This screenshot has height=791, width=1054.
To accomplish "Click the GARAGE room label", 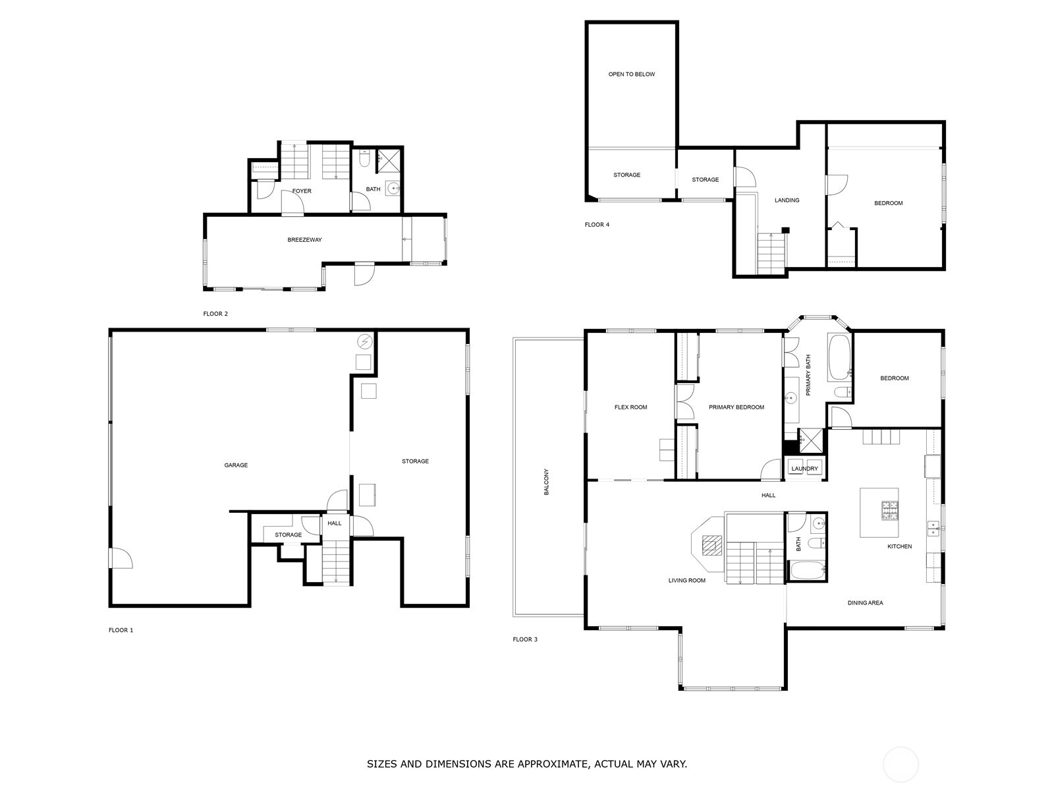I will (236, 465).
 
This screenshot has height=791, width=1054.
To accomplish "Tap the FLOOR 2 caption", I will (215, 314).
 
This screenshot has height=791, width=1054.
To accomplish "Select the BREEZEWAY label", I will (304, 240).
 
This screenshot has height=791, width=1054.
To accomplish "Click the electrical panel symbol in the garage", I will (364, 341).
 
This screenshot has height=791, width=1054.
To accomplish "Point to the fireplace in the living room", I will (711, 545).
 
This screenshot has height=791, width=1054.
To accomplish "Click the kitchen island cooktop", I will (890, 510).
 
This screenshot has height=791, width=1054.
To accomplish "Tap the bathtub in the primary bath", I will (839, 357).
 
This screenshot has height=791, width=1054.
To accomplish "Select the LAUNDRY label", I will (804, 469).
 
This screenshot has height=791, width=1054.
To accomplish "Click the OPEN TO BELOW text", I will (631, 74).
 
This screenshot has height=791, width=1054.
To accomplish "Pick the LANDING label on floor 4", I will (787, 200).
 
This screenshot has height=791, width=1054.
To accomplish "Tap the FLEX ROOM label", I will (630, 407).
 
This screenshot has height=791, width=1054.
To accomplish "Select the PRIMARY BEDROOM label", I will (736, 407).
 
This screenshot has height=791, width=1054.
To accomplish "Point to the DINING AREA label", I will (865, 603).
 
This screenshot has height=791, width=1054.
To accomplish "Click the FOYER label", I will (302, 191).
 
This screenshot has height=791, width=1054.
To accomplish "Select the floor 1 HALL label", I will (335, 523).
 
